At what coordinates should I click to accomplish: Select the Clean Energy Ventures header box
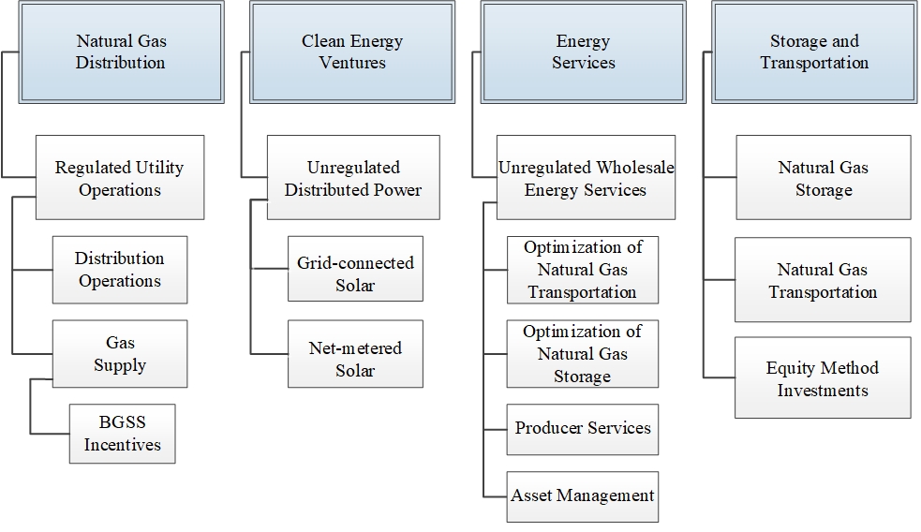[351, 52]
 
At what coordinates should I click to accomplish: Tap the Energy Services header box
[583, 52]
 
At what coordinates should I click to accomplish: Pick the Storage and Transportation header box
[814, 52]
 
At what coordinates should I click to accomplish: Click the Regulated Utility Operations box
[120, 178]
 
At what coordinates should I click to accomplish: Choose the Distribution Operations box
[120, 270]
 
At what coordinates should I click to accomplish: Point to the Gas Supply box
[120, 353]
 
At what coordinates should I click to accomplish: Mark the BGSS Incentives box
[122, 434]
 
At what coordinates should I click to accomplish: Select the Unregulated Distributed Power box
[353, 178]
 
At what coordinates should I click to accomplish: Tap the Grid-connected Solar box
[355, 274]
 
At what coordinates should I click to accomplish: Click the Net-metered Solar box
[355, 359]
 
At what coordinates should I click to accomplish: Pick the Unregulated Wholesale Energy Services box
[586, 178]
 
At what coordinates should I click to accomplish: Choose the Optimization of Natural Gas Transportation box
[582, 270]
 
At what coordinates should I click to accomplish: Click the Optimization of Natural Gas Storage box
[582, 354]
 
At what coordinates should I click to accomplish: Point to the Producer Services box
[582, 429]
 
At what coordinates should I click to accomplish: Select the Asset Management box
[582, 496]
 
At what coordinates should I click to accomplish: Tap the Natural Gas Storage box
[823, 178]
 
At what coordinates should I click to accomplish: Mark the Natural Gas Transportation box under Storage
[823, 280]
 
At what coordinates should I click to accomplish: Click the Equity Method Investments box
[823, 378]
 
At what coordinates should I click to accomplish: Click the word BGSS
[123, 422]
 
